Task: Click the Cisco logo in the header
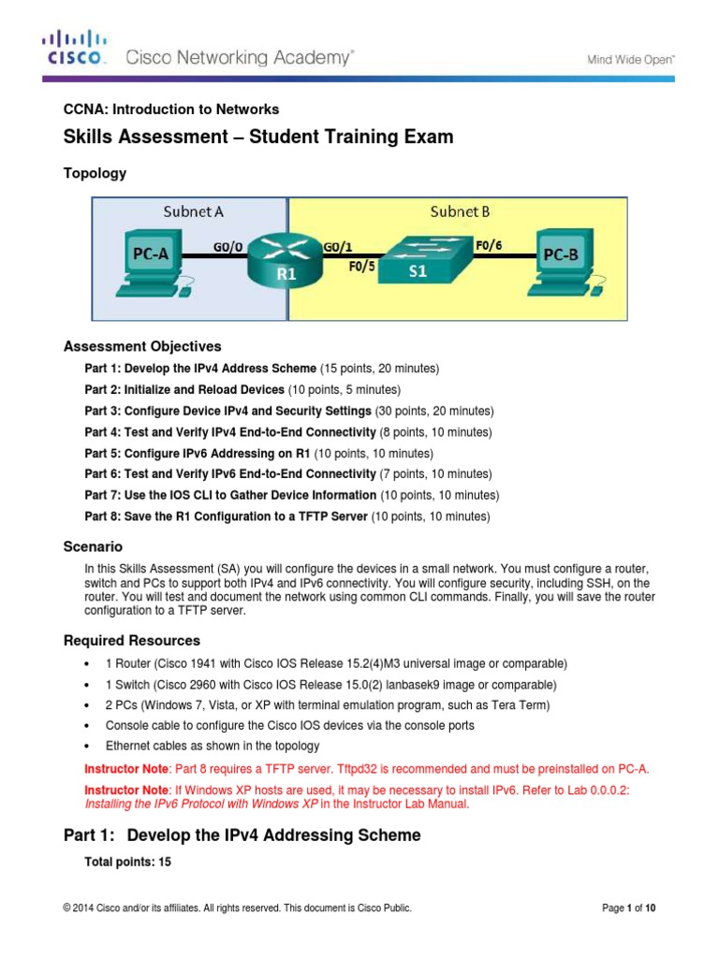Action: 74,48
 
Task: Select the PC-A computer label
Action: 149,254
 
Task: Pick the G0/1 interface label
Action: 338,247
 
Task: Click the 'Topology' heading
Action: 95,173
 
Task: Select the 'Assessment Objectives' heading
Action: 142,346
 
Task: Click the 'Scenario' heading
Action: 93,546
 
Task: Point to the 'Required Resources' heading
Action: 131,641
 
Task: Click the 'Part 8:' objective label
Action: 103,516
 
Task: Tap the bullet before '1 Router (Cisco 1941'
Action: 86,663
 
